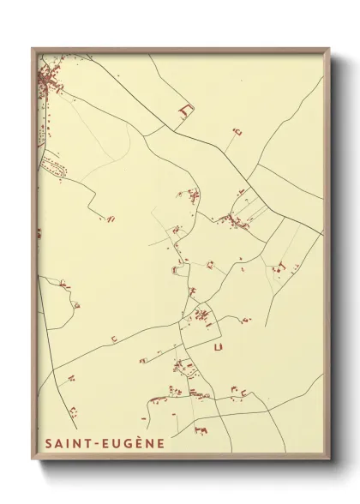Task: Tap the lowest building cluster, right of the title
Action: [x=202, y=426]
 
